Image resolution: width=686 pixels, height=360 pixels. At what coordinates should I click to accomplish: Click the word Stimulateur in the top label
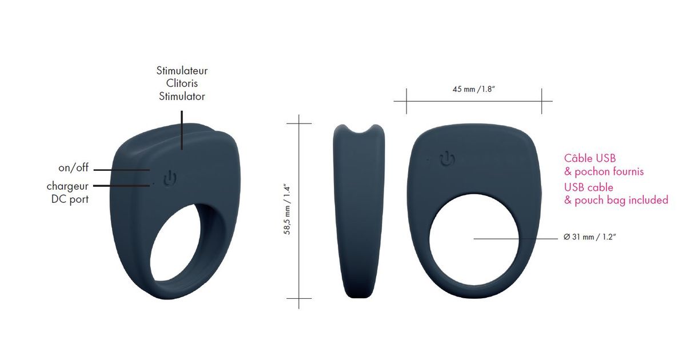pyautogui.click(x=182, y=71)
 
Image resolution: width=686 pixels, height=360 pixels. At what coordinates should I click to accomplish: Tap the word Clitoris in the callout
pyautogui.click(x=182, y=83)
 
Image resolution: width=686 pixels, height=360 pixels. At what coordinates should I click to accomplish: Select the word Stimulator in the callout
pyautogui.click(x=182, y=97)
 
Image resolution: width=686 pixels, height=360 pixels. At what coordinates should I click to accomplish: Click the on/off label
pyautogui.click(x=73, y=167)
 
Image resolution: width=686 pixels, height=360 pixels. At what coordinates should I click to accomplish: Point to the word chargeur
pyautogui.click(x=67, y=186)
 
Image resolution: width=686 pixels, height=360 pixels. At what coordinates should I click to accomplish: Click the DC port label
pyautogui.click(x=70, y=199)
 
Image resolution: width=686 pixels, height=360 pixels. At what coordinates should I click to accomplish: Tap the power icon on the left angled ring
pyautogui.click(x=170, y=179)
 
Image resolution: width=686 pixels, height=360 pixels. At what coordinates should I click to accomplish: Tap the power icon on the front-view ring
pyautogui.click(x=447, y=159)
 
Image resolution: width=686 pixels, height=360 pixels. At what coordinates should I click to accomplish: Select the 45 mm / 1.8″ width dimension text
pyautogui.click(x=474, y=89)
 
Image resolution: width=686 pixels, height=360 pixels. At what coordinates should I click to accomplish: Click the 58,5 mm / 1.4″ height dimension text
pyautogui.click(x=287, y=209)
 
